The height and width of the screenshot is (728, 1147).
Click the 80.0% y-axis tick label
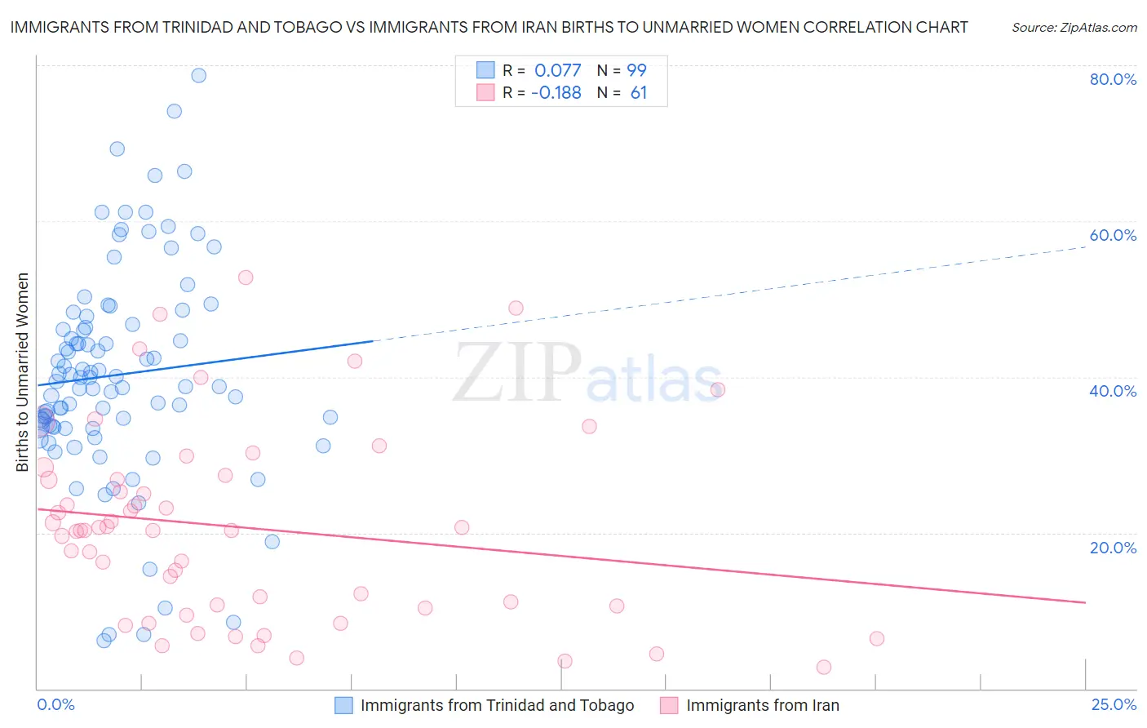coord(1113,79)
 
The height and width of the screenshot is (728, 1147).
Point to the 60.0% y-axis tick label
coord(1113,235)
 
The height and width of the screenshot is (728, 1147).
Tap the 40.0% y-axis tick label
coord(1113,391)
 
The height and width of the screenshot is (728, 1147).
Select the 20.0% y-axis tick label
coord(1113,548)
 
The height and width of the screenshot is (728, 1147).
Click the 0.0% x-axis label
coord(55,704)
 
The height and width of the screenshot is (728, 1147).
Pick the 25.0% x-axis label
coord(1114,704)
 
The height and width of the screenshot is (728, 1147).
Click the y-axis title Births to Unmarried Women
coord(22,372)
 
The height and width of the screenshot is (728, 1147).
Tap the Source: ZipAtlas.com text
coord(1074,28)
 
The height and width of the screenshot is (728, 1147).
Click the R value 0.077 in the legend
coord(558,71)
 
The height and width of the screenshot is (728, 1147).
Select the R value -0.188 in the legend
coord(556,93)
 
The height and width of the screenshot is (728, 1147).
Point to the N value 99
coord(636,71)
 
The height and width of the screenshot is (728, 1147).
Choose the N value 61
coord(639,93)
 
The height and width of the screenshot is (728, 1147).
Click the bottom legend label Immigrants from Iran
coord(762,706)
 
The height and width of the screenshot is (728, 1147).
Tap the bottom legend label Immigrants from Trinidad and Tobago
coord(497,706)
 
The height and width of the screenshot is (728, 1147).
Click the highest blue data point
coord(198,75)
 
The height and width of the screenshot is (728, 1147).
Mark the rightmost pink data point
coord(877,638)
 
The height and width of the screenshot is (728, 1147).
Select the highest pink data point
coord(246,277)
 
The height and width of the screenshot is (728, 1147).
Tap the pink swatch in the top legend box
coord(485,92)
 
